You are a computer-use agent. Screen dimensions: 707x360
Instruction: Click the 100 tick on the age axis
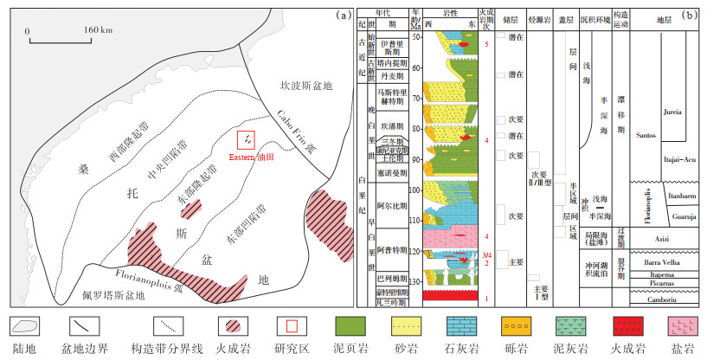[x=415, y=190]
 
